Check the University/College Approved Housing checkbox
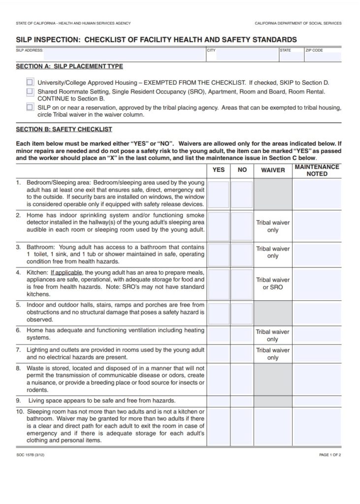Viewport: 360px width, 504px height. point(30,83)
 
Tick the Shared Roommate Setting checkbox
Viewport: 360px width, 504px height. point(30,92)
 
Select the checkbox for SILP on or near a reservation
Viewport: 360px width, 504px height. point(30,107)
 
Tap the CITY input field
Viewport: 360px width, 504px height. point(242,55)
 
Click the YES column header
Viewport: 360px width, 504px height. point(218,170)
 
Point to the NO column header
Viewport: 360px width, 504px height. point(242,170)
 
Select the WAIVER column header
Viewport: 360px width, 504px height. point(272,170)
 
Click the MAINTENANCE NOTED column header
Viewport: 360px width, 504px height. point(317,170)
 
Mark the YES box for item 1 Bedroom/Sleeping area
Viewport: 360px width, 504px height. point(218,194)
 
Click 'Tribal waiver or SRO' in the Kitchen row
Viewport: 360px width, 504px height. point(272,283)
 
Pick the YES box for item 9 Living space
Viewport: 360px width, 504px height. point(218,401)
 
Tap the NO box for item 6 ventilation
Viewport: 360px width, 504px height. point(242,335)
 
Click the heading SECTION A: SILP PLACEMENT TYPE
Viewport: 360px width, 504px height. point(69,66)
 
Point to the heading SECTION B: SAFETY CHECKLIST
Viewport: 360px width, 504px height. point(64,129)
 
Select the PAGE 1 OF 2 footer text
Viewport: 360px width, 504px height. point(330,455)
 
